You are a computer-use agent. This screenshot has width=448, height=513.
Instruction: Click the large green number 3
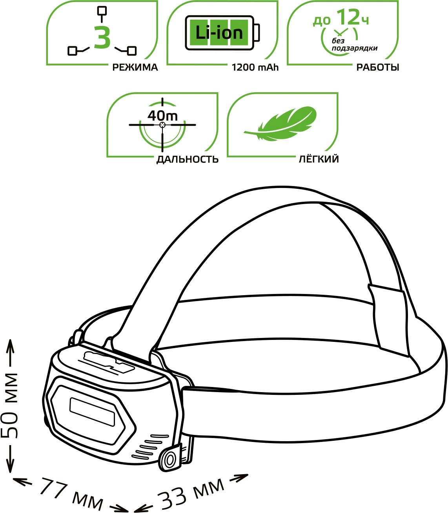pos(102,38)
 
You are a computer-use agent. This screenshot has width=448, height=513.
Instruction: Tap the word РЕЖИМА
pos(135,68)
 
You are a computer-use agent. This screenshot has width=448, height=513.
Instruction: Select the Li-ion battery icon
pos(222,33)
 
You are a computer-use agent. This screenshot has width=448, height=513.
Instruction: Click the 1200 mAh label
pos(255,68)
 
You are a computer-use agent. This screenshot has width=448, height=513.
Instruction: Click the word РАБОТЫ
pos(377,68)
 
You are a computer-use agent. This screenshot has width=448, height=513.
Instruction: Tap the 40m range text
pos(162,116)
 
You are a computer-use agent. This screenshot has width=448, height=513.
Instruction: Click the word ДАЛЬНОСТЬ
pos(188,159)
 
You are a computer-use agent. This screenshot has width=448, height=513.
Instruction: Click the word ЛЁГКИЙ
pos(319,159)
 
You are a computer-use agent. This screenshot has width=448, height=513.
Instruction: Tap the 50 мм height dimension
pos(10,405)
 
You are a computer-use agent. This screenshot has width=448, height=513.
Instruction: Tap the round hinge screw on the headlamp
pos(169,459)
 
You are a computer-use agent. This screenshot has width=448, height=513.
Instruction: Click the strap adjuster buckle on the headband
pos(386,320)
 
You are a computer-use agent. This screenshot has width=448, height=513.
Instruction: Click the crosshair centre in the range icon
pos(162,125)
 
